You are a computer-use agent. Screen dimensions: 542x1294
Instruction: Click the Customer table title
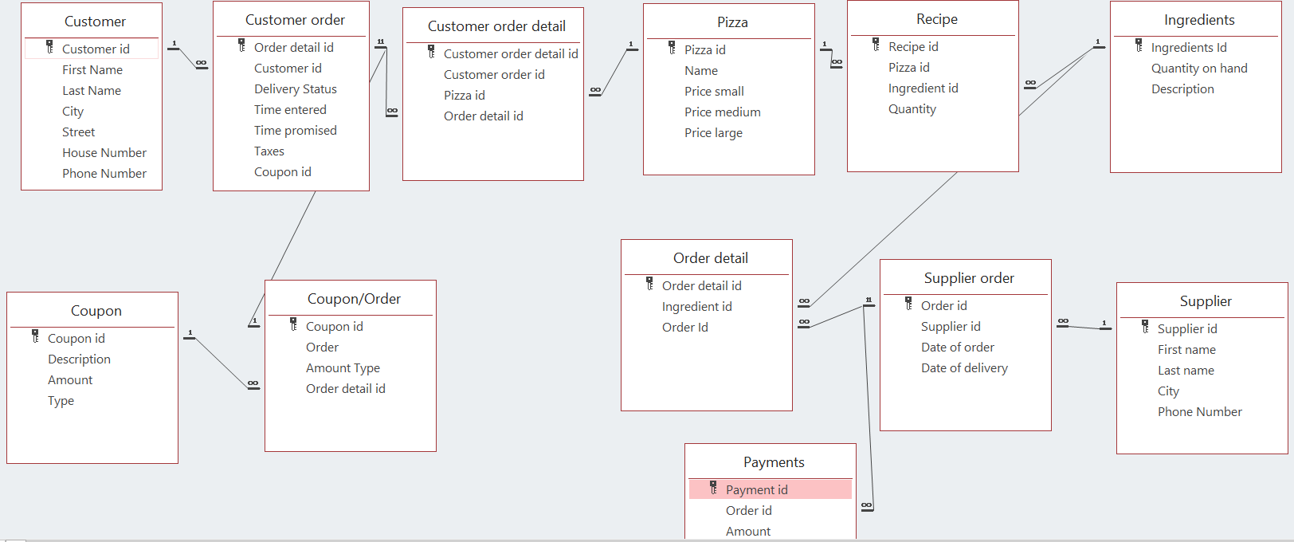95,22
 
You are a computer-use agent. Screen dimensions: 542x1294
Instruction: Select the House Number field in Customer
104,153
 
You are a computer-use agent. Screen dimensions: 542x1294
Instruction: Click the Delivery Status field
295,89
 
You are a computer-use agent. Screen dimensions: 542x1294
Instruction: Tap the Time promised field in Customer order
295,131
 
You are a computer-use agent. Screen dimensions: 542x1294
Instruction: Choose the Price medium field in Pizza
722,112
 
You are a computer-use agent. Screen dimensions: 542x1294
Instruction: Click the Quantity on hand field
1198,69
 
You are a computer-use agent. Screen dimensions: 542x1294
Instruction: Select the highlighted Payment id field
756,489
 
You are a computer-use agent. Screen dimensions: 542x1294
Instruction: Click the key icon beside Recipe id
876,45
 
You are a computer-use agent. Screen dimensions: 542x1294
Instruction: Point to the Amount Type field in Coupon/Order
343,368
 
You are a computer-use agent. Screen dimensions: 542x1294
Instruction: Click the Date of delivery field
964,368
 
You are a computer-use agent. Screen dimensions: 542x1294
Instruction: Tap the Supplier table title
1205,301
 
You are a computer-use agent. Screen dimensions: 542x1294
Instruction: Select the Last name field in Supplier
1186,371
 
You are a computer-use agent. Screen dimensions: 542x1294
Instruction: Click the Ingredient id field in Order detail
696,307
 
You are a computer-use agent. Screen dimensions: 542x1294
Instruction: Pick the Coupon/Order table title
354,299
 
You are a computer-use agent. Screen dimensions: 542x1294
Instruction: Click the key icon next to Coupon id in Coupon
35,337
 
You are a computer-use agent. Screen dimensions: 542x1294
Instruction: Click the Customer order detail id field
510,54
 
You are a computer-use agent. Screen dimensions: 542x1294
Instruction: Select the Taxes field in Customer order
269,151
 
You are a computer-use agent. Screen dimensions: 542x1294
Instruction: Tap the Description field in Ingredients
1182,89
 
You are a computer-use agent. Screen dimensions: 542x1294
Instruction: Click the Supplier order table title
969,278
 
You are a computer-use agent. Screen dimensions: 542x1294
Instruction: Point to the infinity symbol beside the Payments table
866,505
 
